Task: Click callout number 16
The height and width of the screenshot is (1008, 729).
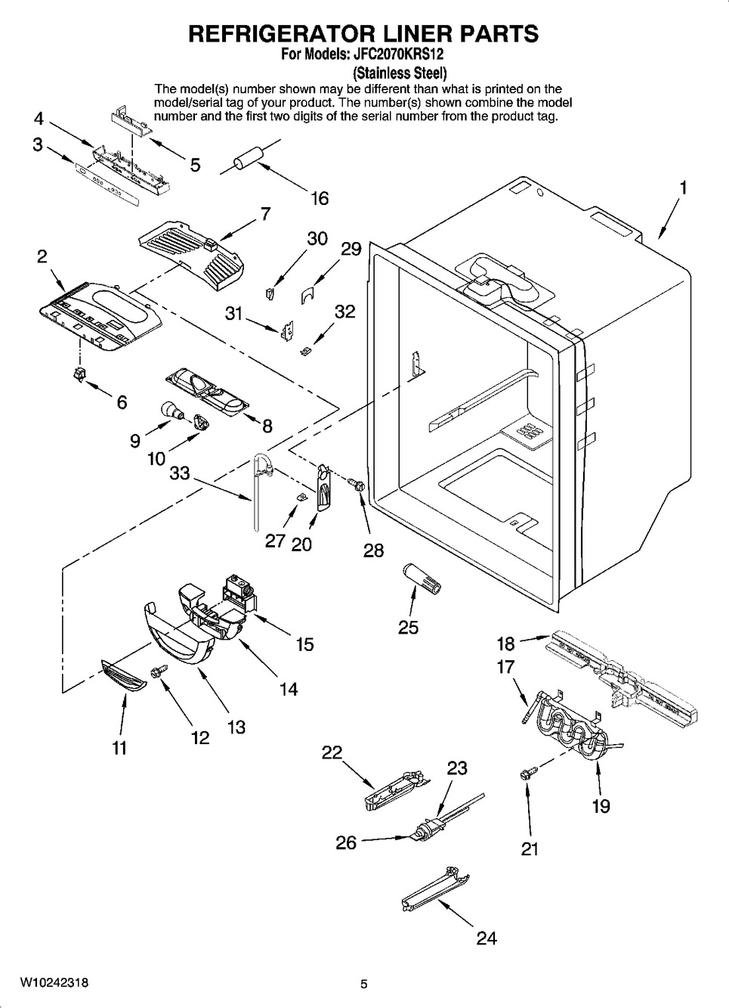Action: point(320,198)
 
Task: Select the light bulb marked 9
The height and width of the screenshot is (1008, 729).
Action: point(172,411)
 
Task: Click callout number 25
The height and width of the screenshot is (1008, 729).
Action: point(408,627)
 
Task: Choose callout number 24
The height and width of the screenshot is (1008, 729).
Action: point(487,938)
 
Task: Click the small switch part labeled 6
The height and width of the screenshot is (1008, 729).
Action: point(79,374)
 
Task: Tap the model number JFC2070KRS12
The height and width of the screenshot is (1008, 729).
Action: point(393,54)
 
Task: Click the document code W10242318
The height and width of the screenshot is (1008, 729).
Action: point(54,982)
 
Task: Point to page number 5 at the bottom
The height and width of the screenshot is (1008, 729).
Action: point(364,984)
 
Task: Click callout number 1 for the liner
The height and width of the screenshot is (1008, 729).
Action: point(683,188)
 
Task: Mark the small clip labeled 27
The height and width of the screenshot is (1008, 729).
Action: point(301,497)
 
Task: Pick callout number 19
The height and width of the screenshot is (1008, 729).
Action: point(601,806)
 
